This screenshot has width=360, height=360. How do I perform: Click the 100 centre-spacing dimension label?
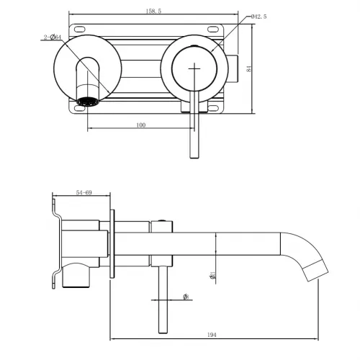point(140,125)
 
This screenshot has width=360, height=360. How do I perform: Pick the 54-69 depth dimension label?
point(83,193)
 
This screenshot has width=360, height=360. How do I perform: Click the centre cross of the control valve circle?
point(194,68)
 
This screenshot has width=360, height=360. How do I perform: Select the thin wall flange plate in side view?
point(112,245)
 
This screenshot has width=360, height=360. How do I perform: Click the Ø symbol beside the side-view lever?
point(185,296)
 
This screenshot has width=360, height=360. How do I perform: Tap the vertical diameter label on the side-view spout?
point(213,274)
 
